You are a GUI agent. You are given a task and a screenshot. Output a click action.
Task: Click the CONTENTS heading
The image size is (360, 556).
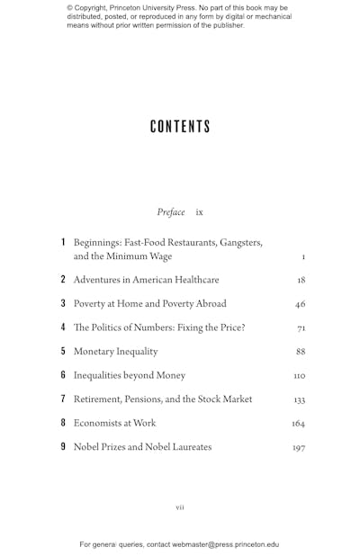pyautogui.click(x=180, y=127)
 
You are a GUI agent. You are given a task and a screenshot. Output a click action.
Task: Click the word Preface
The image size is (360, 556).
pyautogui.click(x=171, y=212)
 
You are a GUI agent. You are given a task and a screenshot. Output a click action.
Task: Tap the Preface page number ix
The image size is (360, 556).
pyautogui.click(x=199, y=212)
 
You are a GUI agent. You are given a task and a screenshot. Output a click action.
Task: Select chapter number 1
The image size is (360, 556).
pyautogui.click(x=63, y=243)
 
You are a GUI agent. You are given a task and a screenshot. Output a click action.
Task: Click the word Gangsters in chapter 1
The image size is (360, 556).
pyautogui.click(x=233, y=243)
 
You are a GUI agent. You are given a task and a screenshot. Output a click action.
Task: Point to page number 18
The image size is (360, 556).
pyautogui.click(x=301, y=281)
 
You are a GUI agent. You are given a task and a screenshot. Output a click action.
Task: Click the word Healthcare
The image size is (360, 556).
pyautogui.click(x=191, y=280)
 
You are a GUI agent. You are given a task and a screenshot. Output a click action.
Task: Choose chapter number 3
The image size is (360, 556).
pyautogui.click(x=63, y=304)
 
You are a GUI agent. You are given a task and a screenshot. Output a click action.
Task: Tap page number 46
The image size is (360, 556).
pyautogui.click(x=300, y=305)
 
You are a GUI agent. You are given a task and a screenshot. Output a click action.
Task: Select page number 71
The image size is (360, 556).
pyautogui.click(x=301, y=328)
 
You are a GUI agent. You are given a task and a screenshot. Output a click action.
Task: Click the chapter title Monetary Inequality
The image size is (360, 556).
pyautogui.click(x=115, y=352)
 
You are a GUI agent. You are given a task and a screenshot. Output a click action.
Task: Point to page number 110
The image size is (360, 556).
pyautogui.click(x=299, y=376)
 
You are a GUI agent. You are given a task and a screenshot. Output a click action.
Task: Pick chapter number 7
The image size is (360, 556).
pyautogui.click(x=63, y=399)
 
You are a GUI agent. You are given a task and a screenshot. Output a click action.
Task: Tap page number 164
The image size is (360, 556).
pyautogui.click(x=298, y=424)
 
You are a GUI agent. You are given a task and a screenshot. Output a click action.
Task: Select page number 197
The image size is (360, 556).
pyautogui.click(x=298, y=448)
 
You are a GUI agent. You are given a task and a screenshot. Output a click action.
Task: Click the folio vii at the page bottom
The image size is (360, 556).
pyautogui.click(x=180, y=507)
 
